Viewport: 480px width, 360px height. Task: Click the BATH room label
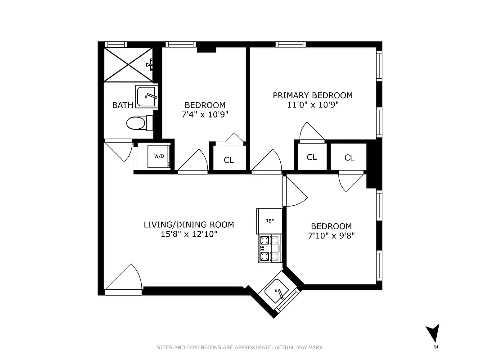(x=122, y=105)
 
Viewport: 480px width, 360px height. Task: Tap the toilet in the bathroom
(x=136, y=123)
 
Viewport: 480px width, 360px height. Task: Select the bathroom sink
(x=146, y=96)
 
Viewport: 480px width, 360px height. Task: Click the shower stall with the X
(x=128, y=65)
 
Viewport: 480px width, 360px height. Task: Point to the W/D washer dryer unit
(x=159, y=157)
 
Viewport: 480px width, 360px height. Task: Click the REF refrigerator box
(x=269, y=221)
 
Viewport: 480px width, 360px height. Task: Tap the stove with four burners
(x=269, y=248)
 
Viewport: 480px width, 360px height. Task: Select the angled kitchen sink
(x=278, y=292)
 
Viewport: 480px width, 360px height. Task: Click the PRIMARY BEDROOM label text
(x=313, y=95)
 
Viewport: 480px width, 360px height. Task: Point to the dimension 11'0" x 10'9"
(x=313, y=105)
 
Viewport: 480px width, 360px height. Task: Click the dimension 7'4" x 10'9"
(x=205, y=114)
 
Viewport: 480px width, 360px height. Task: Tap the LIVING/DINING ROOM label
(x=188, y=225)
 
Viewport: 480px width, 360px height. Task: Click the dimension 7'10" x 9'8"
(x=331, y=235)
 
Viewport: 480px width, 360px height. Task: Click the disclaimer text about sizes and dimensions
(x=240, y=347)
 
